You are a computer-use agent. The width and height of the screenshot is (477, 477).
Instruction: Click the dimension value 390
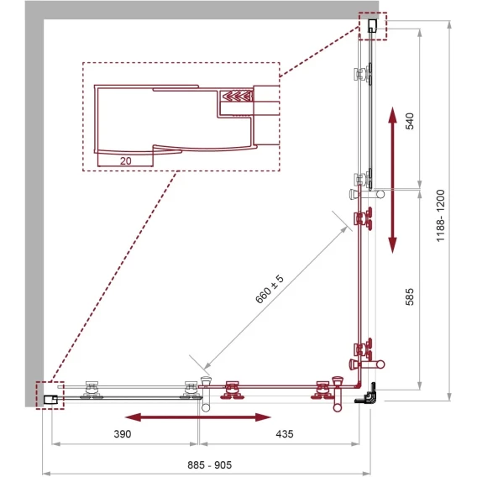coord(123,434)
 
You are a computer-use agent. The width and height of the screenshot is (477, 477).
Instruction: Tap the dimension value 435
coord(285,434)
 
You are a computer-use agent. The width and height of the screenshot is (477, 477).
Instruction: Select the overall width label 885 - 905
coord(209,465)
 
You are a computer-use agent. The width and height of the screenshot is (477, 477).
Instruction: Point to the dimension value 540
coord(410,121)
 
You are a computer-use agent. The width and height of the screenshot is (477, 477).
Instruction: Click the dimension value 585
coord(410,296)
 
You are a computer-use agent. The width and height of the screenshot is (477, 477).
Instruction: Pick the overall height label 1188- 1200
coord(441,216)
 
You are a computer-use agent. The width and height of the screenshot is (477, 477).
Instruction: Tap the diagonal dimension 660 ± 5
coord(270,289)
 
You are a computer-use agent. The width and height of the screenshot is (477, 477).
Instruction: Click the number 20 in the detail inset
coord(125,161)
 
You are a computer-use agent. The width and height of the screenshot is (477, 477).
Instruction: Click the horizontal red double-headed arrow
coord(197,417)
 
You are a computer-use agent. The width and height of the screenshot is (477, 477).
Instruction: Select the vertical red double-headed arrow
coord(393,180)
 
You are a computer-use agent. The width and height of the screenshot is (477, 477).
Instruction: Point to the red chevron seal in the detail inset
coord(238,96)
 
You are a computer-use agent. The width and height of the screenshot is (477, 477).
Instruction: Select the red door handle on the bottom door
coord(338,394)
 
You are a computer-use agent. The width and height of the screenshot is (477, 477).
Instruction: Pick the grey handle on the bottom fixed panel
coord(206,394)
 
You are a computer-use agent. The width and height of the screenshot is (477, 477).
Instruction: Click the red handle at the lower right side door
coord(367,364)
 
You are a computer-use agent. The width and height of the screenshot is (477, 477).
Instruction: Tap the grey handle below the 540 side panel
coord(367,194)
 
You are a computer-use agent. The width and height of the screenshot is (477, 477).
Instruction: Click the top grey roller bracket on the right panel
coord(362,74)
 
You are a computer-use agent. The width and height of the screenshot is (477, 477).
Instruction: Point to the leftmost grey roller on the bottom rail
coord(92,391)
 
